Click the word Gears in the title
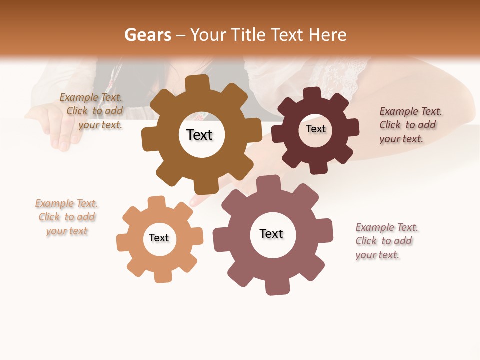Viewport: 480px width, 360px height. [147, 35]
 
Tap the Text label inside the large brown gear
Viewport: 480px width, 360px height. [199, 135]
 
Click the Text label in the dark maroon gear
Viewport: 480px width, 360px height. [315, 129]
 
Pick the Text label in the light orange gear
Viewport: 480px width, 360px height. [159, 238]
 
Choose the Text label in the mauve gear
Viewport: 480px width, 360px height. [271, 233]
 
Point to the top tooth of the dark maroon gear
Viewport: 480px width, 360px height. [312, 93]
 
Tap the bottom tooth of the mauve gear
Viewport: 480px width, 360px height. [276, 287]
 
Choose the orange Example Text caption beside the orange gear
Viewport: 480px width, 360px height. [67, 217]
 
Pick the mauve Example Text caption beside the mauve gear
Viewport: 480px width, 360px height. [386, 241]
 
